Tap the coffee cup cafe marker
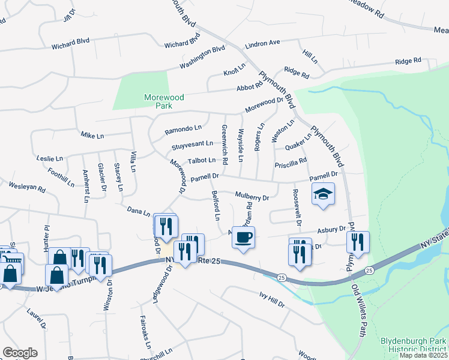click(243, 238)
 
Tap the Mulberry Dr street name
click(252, 196)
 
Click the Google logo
click(20, 352)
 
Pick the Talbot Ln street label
click(201, 160)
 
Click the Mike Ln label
click(92, 136)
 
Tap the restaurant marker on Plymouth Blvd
click(358, 242)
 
